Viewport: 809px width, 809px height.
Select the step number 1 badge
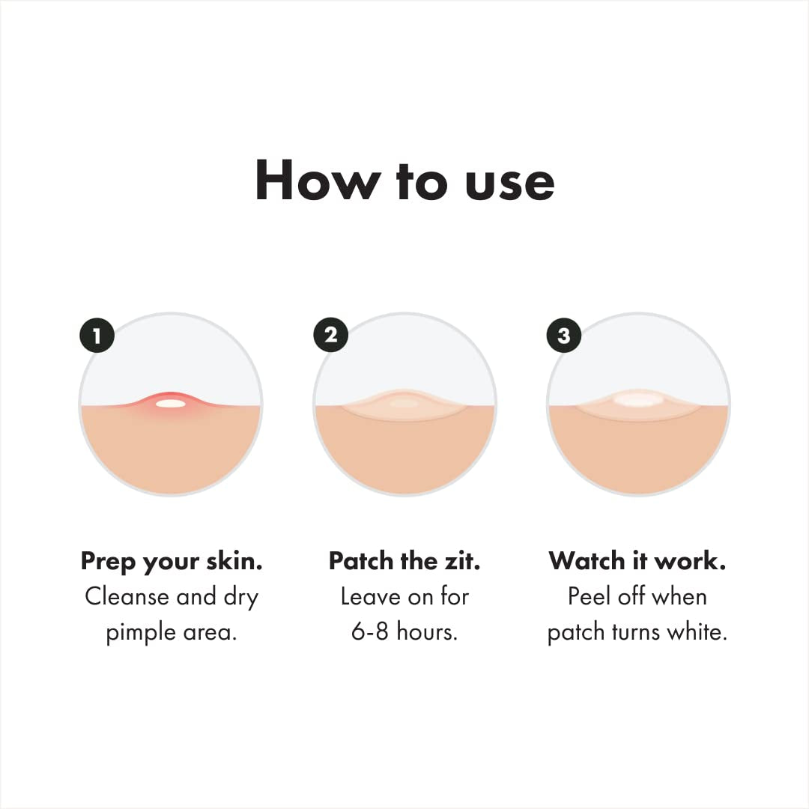97,335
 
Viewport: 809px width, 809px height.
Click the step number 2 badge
330,335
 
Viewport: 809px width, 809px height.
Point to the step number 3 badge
564,335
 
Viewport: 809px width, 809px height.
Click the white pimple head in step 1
171,404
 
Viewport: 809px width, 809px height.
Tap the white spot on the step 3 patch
638,399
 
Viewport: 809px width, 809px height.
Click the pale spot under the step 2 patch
404,404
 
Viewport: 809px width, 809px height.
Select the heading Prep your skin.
172,561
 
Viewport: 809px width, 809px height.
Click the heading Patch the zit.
404,561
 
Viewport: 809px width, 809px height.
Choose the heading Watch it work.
637,561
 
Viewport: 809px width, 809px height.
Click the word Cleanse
127,597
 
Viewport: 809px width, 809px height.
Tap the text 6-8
370,632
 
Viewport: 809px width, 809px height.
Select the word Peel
590,597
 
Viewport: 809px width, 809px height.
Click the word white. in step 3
697,632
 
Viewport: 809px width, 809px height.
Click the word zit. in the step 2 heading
461,561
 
